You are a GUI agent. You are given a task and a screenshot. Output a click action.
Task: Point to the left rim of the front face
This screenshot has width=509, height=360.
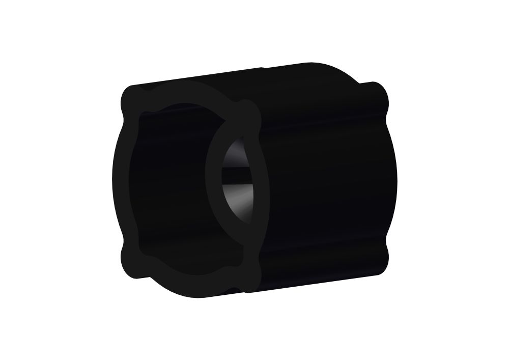point(120,178)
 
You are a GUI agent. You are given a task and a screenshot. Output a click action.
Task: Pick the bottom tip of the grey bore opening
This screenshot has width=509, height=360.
point(249,224)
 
